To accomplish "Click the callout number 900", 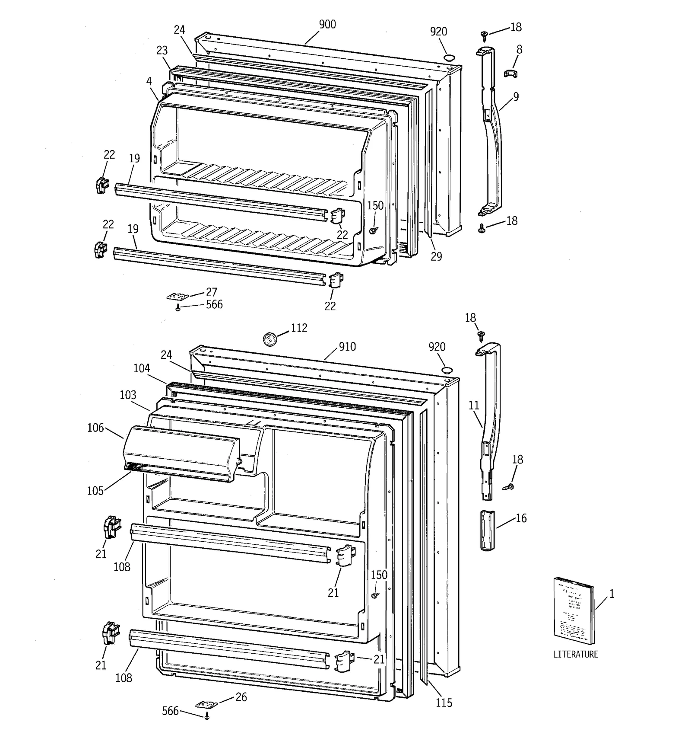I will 327,25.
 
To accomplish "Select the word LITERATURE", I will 576,654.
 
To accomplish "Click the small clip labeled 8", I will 510,73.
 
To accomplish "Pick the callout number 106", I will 95,428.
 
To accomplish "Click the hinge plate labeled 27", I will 178,296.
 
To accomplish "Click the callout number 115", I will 444,703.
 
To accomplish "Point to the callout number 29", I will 436,256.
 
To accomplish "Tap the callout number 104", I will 141,368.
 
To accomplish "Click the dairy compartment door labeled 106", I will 181,452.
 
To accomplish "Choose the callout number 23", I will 162,51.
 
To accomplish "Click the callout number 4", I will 149,81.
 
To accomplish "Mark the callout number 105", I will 95,491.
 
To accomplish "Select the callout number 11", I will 474,406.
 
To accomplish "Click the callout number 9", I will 516,97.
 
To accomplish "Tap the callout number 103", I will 128,395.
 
